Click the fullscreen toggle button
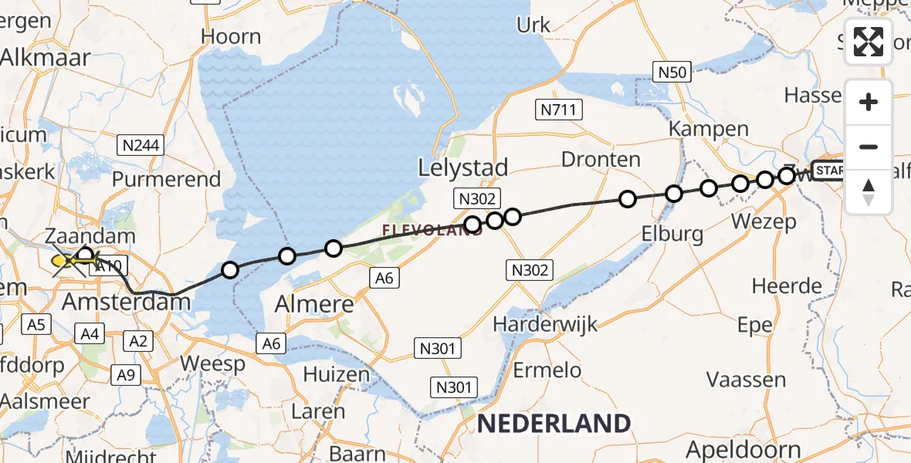(869, 42)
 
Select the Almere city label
(314, 304)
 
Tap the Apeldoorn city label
(754, 449)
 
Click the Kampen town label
(709, 129)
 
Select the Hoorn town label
(231, 36)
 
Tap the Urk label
(533, 25)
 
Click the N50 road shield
(671, 72)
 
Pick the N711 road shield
(558, 110)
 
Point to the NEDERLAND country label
(554, 423)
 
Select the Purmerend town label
(166, 179)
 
